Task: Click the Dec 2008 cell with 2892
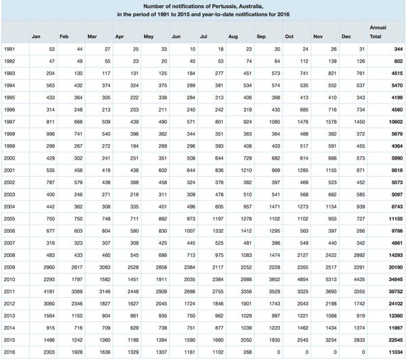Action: pyautogui.click(x=357, y=238)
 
